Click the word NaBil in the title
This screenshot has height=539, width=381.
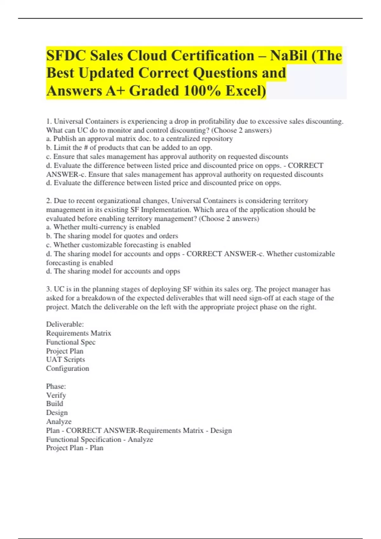coord(289,56)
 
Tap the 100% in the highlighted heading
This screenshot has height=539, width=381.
coord(201,91)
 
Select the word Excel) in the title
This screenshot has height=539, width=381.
coord(246,91)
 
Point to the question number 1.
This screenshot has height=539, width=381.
coord(49,121)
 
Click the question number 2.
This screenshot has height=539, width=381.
coord(49,201)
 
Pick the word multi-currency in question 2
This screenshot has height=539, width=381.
coord(104,227)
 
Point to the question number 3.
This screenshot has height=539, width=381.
coord(49,289)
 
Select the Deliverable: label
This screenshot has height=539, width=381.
coord(65,324)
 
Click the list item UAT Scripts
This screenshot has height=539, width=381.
coord(65,360)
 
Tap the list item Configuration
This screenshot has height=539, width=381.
coord(67,368)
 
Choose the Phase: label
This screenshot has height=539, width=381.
coord(56,386)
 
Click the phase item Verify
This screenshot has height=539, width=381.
coord(56,395)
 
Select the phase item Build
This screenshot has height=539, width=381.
coord(55,404)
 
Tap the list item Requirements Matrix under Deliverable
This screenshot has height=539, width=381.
coord(78,333)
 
